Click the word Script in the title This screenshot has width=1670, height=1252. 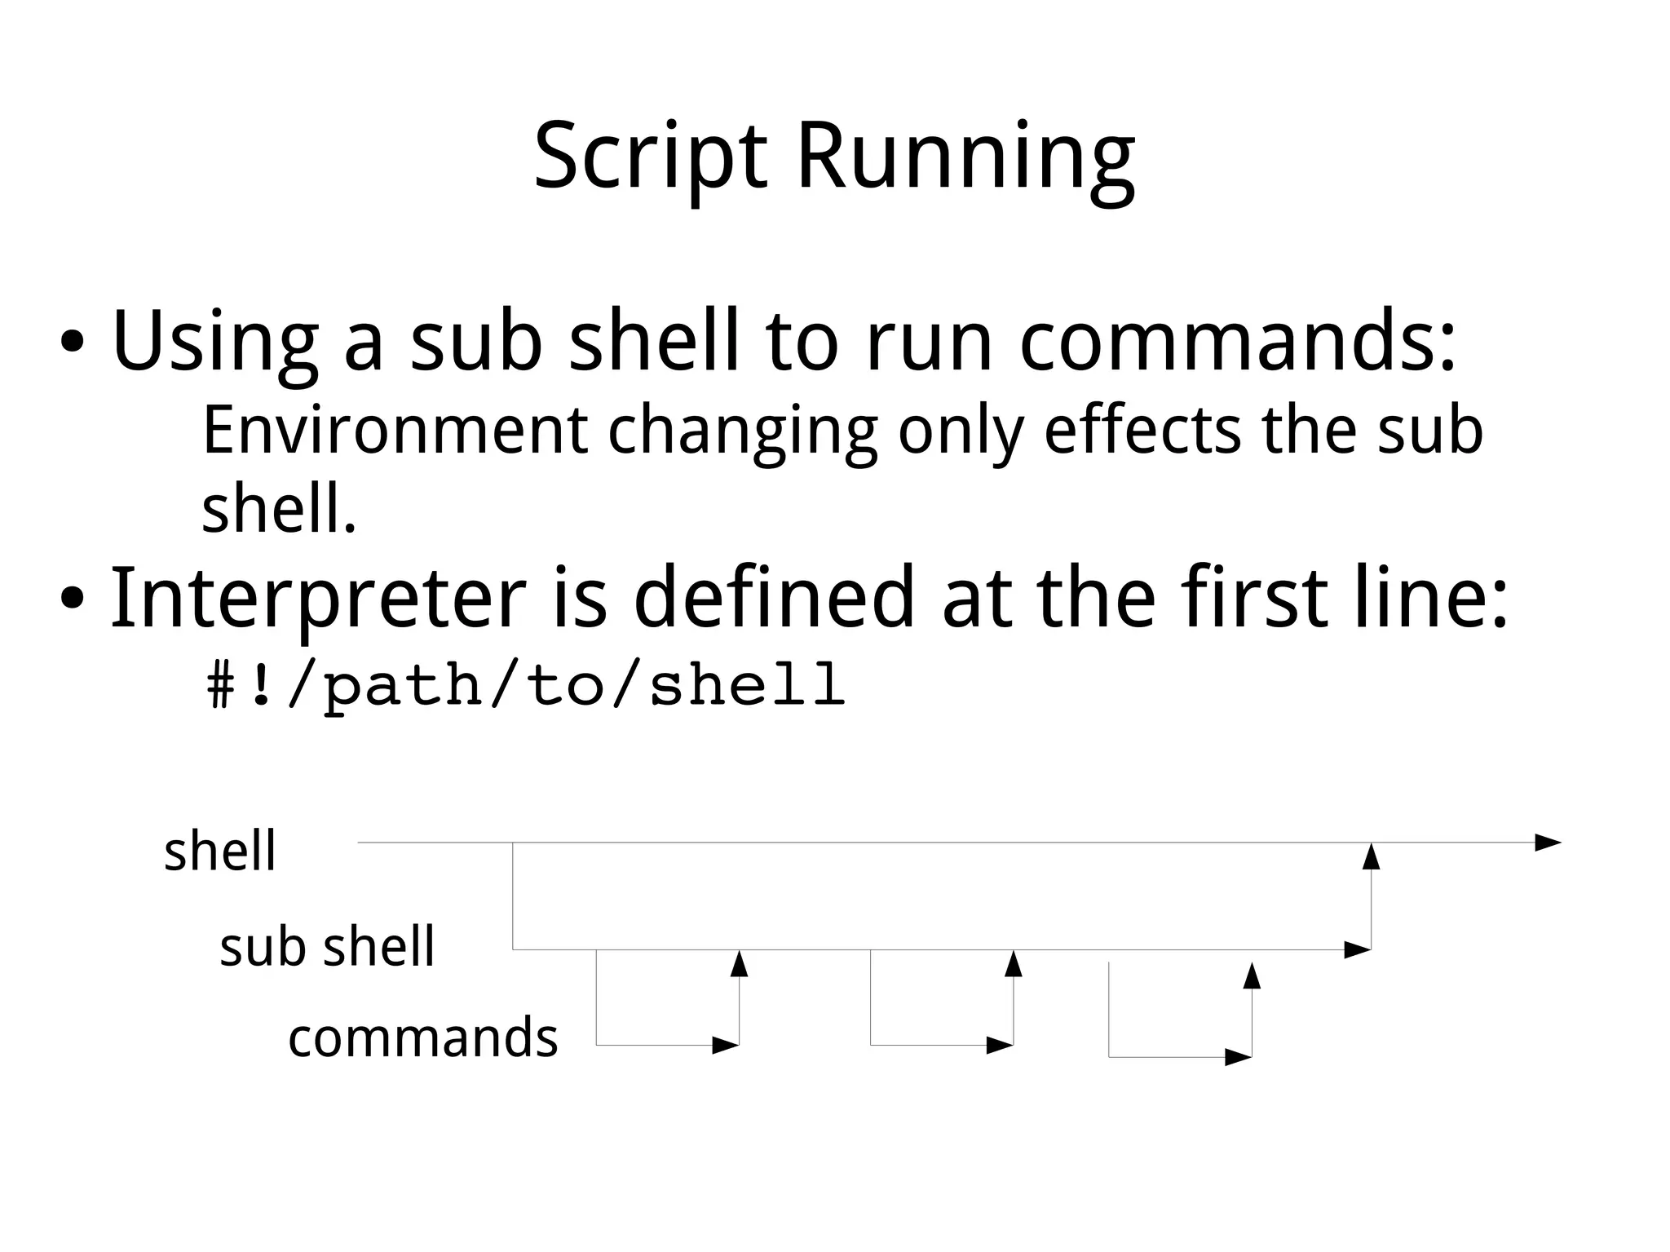click(x=650, y=157)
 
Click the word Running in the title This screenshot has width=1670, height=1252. click(x=965, y=157)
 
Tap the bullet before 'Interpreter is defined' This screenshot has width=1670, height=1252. click(x=71, y=599)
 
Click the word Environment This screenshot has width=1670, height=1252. click(x=395, y=430)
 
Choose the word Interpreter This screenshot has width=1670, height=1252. click(x=318, y=599)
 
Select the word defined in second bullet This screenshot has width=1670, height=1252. click(x=774, y=599)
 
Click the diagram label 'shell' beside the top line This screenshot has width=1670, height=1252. click(x=220, y=852)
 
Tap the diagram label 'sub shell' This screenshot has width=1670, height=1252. click(x=327, y=947)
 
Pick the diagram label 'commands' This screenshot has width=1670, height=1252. click(x=422, y=1038)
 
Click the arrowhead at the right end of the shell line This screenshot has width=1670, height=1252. click(x=1548, y=843)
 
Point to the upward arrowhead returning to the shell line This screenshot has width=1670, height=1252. click(x=1372, y=857)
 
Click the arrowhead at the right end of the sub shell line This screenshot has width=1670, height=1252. click(x=1357, y=949)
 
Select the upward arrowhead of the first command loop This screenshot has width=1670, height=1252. click(x=739, y=964)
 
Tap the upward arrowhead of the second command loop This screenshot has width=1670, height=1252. click(x=1014, y=964)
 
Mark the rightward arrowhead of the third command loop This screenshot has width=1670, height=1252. click(x=1238, y=1058)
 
